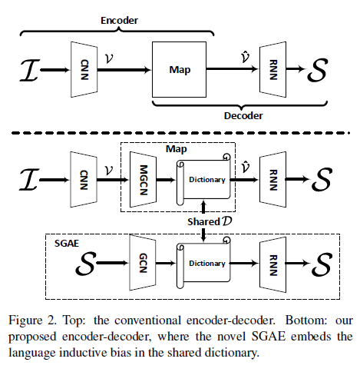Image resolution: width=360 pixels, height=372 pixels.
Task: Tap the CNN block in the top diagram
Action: tap(84, 69)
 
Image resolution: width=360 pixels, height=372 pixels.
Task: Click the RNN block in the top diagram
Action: tap(273, 69)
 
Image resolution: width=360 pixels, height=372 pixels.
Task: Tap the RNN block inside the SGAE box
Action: tap(273, 263)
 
